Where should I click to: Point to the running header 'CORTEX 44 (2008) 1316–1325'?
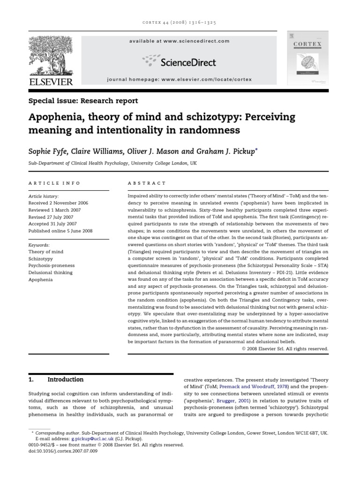coord(180,22)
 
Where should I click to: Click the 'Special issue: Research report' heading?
coord(83,101)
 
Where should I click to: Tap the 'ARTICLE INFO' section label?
coord(54,183)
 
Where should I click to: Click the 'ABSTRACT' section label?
coord(147,183)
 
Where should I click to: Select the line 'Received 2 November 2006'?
coord(58,203)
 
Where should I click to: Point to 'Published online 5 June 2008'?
coord(61,231)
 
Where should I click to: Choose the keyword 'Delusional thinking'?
coord(51,272)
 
